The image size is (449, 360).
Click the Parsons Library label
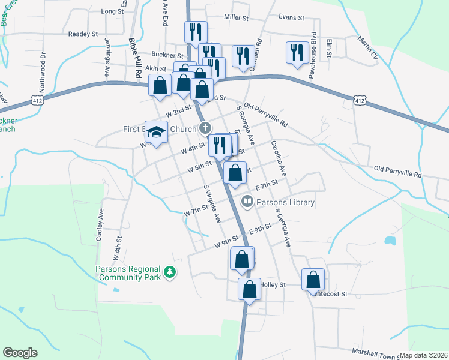[x=285, y=202]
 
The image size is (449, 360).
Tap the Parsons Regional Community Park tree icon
[x=170, y=272]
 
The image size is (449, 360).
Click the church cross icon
[x=205, y=128]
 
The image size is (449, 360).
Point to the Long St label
[x=112, y=11]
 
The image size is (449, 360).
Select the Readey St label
[x=83, y=34]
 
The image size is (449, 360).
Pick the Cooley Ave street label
[x=100, y=224]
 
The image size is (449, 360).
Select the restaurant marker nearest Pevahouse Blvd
[x=297, y=53]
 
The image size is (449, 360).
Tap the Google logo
[x=20, y=353]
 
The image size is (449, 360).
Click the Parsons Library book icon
[x=246, y=202]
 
